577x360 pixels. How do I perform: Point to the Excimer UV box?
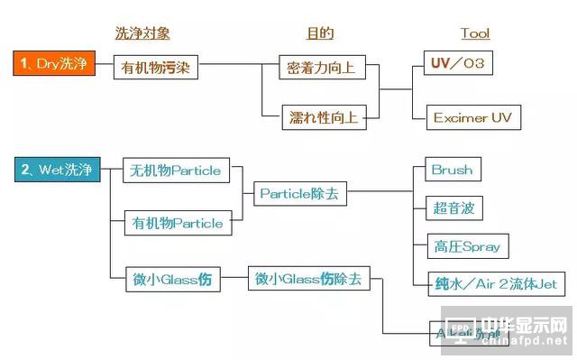pyautogui.click(x=472, y=117)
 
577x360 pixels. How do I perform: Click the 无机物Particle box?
pyautogui.click(x=176, y=170)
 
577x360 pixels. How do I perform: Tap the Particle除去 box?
pyautogui.click(x=298, y=192)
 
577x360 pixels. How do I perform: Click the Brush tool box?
pyautogui.click(x=451, y=170)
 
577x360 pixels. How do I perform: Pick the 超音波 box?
pyautogui.click(x=453, y=208)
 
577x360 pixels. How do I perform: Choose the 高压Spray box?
pyautogui.click(x=466, y=246)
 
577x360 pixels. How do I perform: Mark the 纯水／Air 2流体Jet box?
pyautogui.click(x=496, y=283)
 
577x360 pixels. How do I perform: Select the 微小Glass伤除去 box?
pyautogui.click(x=307, y=280)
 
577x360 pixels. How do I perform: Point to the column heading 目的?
pyautogui.click(x=320, y=33)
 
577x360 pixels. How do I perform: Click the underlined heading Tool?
pyautogui.click(x=474, y=33)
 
